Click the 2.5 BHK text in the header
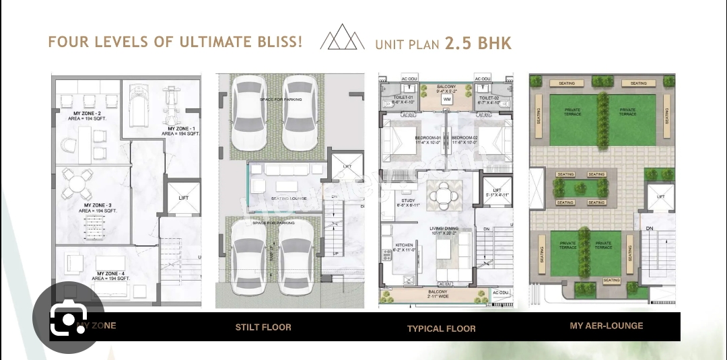click(478, 44)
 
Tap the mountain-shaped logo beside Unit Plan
click(342, 38)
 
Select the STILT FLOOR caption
click(263, 327)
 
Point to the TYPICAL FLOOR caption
click(441, 328)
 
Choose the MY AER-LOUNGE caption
click(606, 326)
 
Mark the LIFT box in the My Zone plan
click(183, 198)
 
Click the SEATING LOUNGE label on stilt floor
click(289, 199)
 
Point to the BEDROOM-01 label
click(427, 138)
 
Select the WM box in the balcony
click(446, 100)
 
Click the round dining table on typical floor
click(444, 195)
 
